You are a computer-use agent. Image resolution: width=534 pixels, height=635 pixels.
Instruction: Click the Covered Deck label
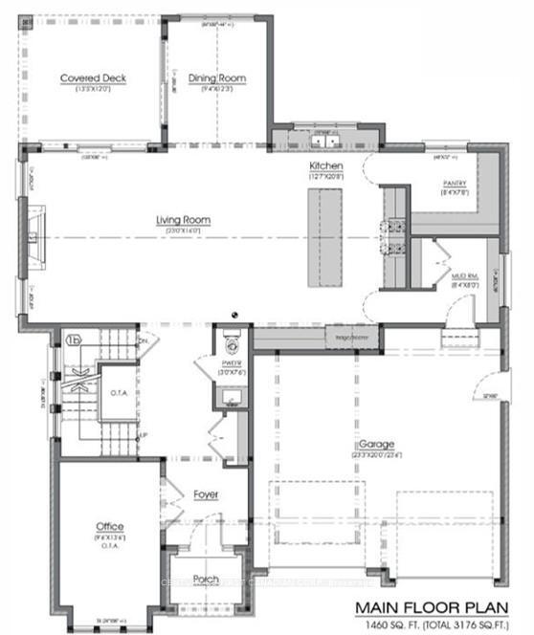94,78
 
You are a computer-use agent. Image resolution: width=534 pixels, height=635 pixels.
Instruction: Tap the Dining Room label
219,78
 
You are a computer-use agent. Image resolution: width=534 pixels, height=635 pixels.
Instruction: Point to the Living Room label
184,220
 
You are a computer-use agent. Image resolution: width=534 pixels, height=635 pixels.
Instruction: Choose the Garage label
378,445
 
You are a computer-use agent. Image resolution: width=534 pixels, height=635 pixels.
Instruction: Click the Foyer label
205,494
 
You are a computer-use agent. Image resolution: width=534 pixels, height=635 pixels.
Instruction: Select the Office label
108,527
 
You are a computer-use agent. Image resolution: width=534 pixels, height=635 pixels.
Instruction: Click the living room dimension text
184,230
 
